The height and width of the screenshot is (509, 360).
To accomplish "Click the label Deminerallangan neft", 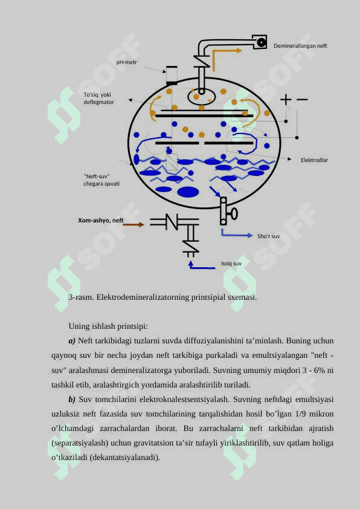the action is pyautogui.click(x=300, y=46).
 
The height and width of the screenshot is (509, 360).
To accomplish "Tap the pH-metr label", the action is pyautogui.click(x=127, y=62).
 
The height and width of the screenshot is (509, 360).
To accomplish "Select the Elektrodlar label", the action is pyautogui.click(x=314, y=160).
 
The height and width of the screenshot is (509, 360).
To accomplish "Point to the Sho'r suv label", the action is pyautogui.click(x=269, y=236).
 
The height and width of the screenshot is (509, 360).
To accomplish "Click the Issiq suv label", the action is pyautogui.click(x=231, y=264).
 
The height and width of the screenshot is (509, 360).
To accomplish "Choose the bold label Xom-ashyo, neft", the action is pyautogui.click(x=100, y=221).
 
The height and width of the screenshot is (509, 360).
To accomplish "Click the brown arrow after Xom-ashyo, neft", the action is pyautogui.click(x=133, y=224).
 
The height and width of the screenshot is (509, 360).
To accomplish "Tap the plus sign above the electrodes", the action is pyautogui.click(x=286, y=99).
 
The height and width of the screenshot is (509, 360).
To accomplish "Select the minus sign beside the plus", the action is pyautogui.click(x=302, y=99).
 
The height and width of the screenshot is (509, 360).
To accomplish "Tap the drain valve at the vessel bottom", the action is pyautogui.click(x=228, y=212).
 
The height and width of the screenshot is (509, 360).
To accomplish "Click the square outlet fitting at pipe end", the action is pyautogui.click(x=260, y=42).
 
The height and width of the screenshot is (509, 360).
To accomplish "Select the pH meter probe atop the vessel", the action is pyautogui.click(x=172, y=76).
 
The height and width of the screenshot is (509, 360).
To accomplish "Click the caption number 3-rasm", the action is pyautogui.click(x=81, y=297).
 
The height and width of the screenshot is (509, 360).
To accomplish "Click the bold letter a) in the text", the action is pyautogui.click(x=72, y=341).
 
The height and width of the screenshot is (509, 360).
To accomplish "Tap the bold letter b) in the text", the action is pyautogui.click(x=72, y=399).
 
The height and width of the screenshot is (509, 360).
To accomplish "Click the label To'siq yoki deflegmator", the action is pyautogui.click(x=99, y=99).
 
